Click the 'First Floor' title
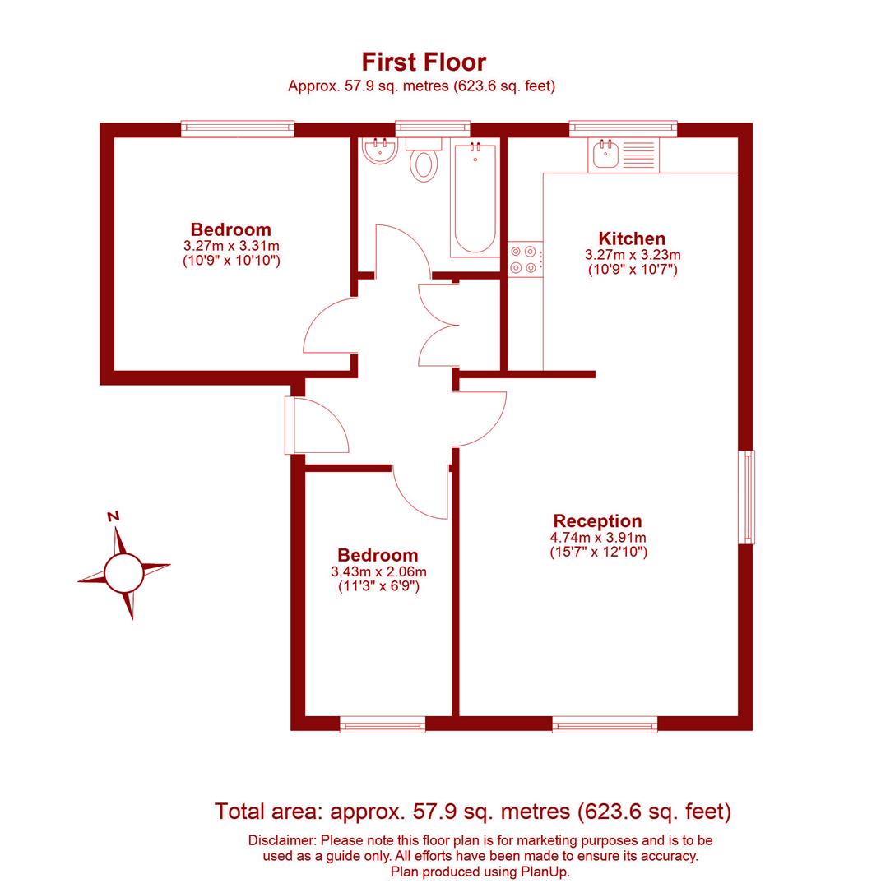pyautogui.click(x=424, y=62)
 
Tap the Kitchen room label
pyautogui.click(x=632, y=239)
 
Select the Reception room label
pyautogui.click(x=597, y=521)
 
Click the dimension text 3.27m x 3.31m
pyautogui.click(x=231, y=246)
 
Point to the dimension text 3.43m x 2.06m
pyautogui.click(x=378, y=571)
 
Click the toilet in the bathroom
pyautogui.click(x=424, y=161)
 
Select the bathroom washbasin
pyautogui.click(x=380, y=150)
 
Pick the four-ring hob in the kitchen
pyautogui.click(x=525, y=258)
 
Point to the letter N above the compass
pyautogui.click(x=114, y=516)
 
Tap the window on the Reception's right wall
pyautogui.click(x=748, y=497)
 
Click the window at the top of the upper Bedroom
pyautogui.click(x=237, y=128)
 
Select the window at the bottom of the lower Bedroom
pyautogui.click(x=383, y=725)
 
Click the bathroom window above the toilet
pyautogui.click(x=433, y=128)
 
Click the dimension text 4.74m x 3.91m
pyautogui.click(x=598, y=538)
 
